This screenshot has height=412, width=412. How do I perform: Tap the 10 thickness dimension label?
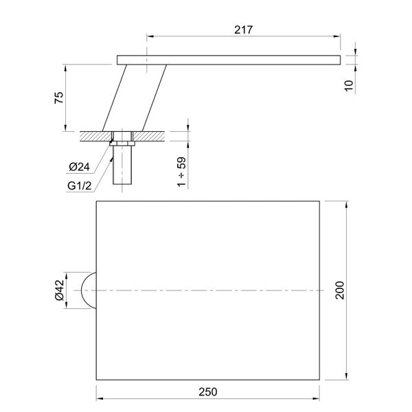click(x=349, y=86)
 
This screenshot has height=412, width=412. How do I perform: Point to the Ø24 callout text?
click(x=79, y=167)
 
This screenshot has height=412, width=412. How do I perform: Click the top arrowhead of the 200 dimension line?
click(x=341, y=204)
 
